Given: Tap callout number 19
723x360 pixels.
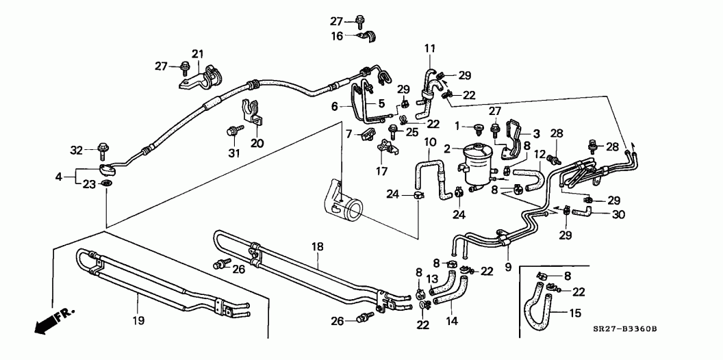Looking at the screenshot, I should [138, 319].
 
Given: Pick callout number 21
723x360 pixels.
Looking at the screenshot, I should [198, 54].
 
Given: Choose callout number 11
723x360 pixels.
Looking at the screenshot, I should [429, 48].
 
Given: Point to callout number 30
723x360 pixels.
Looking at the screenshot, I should [619, 214].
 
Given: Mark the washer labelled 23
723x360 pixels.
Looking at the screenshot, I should [107, 185].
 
